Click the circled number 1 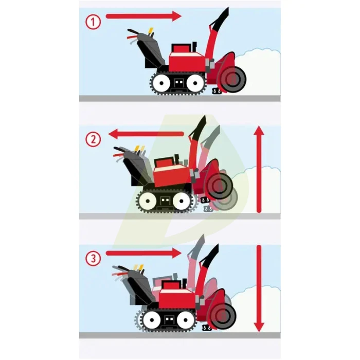pyautogui.click(x=93, y=22)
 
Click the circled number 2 pyautogui.click(x=93, y=139)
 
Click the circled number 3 pyautogui.click(x=93, y=258)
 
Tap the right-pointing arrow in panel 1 pyautogui.click(x=143, y=16)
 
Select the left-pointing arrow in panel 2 pyautogui.click(x=146, y=134)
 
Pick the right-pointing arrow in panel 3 pyautogui.click(x=143, y=253)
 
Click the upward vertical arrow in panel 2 pyautogui.click(x=259, y=169)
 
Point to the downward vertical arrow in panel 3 pyautogui.click(x=259, y=289)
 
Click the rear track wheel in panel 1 pyautogui.click(x=161, y=83)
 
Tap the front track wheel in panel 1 pyautogui.click(x=195, y=83)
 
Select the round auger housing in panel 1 pyautogui.click(x=233, y=80)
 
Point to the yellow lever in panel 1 pyautogui.click(x=151, y=32)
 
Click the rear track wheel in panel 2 pyautogui.click(x=148, y=201)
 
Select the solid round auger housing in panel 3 pyautogui.click(x=223, y=316)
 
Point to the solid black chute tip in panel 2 pyautogui.click(x=197, y=127)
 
